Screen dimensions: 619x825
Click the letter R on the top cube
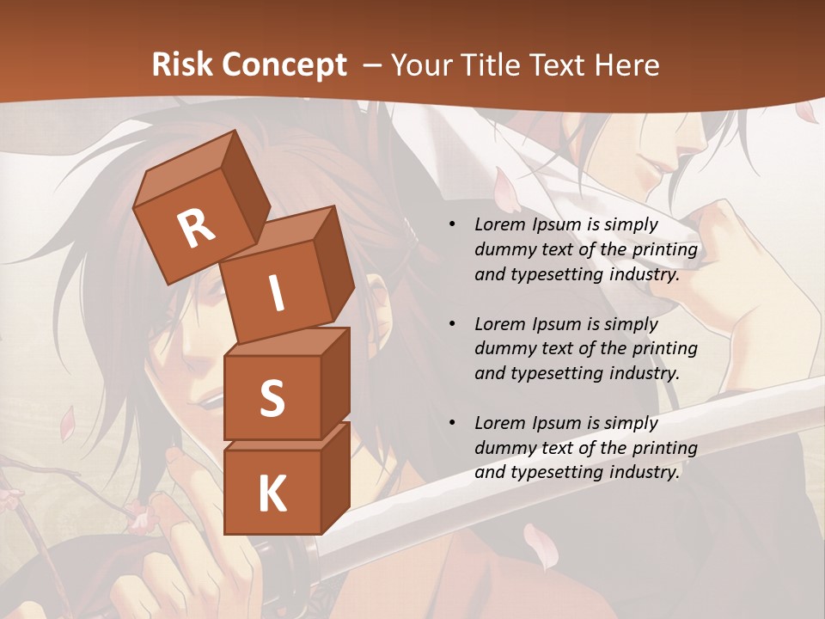point(196,230)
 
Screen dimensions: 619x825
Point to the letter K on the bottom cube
point(272,494)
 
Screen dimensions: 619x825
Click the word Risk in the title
point(181,64)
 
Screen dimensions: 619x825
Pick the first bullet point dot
point(452,224)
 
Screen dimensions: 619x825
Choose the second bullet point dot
point(452,324)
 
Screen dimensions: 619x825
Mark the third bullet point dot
point(452,423)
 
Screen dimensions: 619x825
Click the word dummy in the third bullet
point(502,448)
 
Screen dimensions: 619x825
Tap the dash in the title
point(374,64)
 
